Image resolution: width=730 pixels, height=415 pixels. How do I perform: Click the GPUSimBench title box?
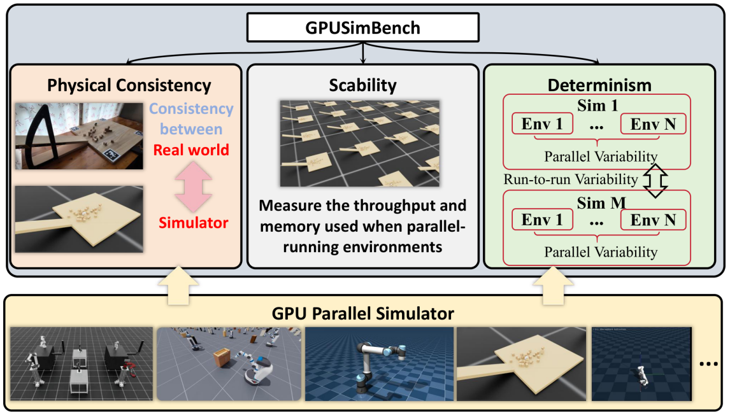(x=362, y=27)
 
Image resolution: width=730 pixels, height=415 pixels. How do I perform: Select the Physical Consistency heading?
(x=129, y=85)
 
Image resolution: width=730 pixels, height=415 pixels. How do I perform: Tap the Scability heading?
(x=362, y=85)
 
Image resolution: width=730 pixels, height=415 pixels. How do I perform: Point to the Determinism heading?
(x=599, y=85)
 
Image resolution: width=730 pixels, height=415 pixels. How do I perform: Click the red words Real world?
(x=191, y=150)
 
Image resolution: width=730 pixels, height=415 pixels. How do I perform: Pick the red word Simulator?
(x=193, y=223)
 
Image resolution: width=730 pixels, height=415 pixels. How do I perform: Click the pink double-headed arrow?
(x=193, y=186)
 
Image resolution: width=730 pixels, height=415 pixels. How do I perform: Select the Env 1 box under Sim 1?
(x=542, y=124)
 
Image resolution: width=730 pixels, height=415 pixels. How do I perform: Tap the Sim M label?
(x=601, y=203)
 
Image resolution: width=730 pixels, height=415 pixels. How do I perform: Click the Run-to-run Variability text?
(x=571, y=179)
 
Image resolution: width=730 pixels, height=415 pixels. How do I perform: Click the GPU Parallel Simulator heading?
(x=362, y=314)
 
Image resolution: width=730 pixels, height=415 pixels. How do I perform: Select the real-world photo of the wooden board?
(x=79, y=136)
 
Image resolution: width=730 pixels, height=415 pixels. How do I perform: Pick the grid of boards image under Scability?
(x=359, y=143)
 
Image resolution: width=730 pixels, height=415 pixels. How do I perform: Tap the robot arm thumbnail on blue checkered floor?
(x=379, y=364)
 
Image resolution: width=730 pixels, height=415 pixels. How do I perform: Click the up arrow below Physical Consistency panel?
(x=178, y=285)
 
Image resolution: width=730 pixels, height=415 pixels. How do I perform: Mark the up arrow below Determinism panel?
(x=553, y=285)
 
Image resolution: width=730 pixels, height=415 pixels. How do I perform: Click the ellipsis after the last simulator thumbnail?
(x=708, y=364)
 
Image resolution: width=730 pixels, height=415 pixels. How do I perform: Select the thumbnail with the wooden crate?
(x=229, y=364)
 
